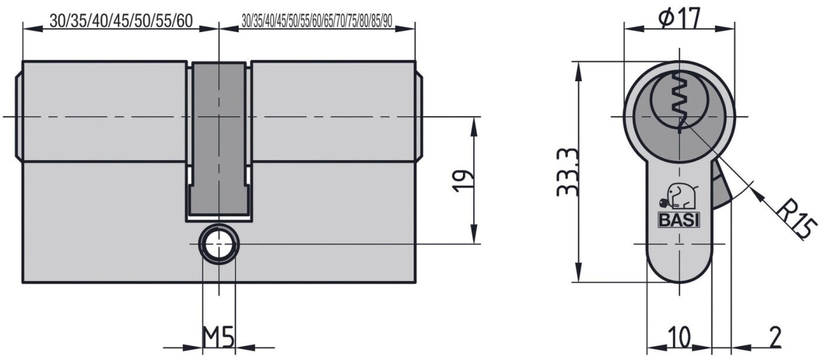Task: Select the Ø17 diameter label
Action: point(680,19)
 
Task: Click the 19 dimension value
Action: point(463,181)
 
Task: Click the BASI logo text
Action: point(679,220)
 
